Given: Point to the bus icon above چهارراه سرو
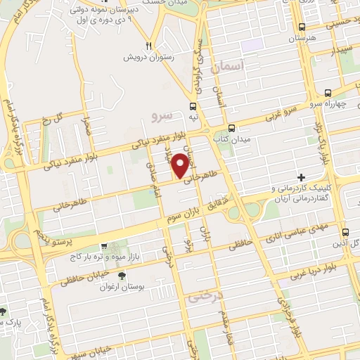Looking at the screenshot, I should point(328,93).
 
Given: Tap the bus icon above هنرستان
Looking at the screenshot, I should point(302,27).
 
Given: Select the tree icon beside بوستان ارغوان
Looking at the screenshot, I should point(122,275).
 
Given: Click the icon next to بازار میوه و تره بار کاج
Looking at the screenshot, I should point(104,247).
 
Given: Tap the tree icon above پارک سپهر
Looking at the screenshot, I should point(3,310).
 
